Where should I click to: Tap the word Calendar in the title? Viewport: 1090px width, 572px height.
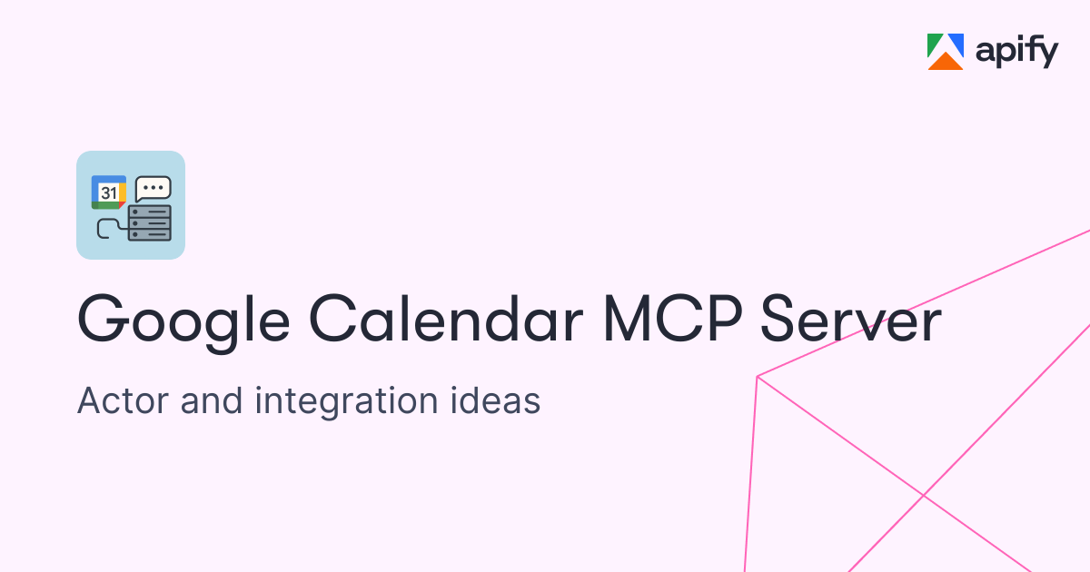446,319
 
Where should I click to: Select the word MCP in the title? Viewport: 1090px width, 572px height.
673,319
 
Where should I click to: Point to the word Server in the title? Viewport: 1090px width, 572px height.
851,319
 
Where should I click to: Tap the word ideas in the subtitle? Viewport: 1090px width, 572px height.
495,399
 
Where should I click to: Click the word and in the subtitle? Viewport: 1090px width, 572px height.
211,399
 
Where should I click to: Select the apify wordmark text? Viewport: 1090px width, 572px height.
1017,52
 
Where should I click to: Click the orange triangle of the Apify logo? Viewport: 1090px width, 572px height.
946,62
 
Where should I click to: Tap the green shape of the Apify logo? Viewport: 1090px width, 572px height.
935,45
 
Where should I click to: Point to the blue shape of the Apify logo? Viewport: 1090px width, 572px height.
956,44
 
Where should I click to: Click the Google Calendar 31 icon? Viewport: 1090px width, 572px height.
109,192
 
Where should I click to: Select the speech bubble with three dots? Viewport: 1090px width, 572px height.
154,189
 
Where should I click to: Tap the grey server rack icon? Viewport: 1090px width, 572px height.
149,223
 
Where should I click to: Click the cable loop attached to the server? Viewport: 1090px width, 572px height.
111,229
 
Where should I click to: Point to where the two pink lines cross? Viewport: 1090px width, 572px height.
923,495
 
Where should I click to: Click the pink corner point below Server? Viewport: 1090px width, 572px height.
758,377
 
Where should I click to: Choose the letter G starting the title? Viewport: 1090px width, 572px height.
104,319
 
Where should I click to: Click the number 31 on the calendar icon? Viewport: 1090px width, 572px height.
109,193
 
